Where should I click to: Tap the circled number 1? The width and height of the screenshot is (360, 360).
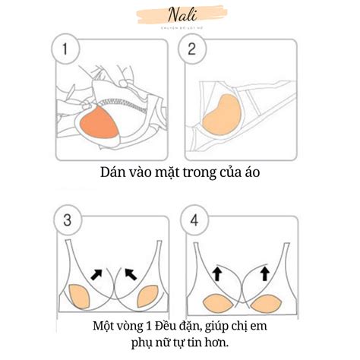(67, 52)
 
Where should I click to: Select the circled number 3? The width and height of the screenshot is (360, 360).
(67, 223)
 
